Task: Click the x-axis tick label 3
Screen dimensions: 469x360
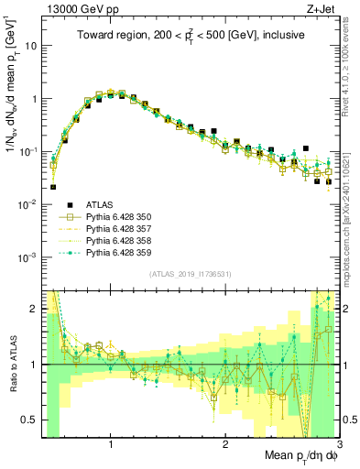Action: tap(338, 444)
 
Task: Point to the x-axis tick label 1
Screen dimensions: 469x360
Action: tap(111, 444)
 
